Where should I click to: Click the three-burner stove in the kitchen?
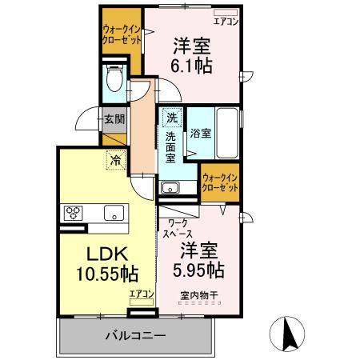click(x=74, y=213)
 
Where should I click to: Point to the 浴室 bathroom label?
click(x=202, y=133)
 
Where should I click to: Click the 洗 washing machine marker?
click(x=171, y=119)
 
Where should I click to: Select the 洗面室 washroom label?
click(x=170, y=148)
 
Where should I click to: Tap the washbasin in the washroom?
click(x=170, y=189)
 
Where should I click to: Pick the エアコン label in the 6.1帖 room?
click(x=226, y=24)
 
